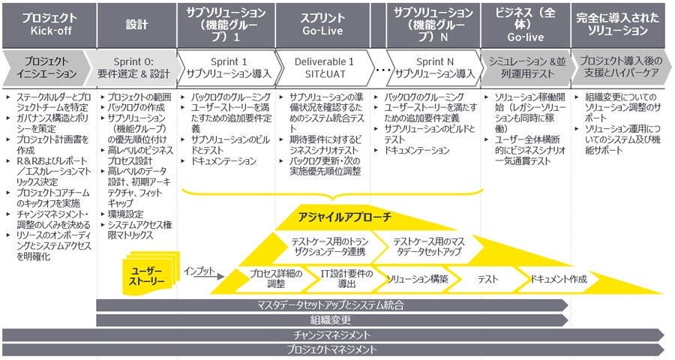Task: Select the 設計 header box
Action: pos(132,24)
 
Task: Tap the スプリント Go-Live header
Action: pos(322,24)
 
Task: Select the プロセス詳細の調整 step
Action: pos(271,279)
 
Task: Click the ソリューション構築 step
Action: pos(417,279)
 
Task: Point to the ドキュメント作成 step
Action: pos(558,279)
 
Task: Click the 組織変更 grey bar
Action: pos(330,319)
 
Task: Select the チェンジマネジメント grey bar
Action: pos(330,334)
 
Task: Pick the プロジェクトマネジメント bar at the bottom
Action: pos(330,349)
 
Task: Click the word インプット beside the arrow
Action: pos(198,271)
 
